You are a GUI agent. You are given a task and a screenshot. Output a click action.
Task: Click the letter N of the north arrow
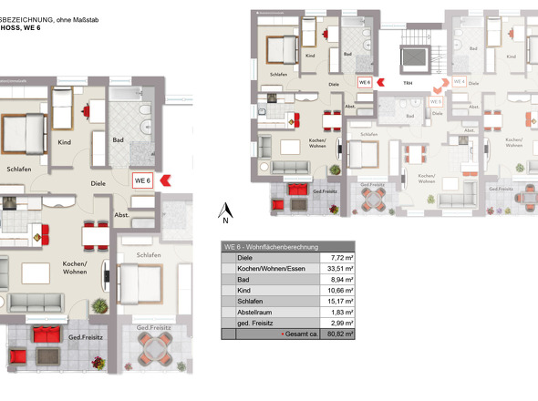pyautogui.click(x=223, y=219)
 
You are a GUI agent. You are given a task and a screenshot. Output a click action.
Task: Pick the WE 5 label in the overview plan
pyautogui.click(x=436, y=101)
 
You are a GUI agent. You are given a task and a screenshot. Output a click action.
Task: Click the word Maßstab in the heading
pyautogui.click(x=119, y=5)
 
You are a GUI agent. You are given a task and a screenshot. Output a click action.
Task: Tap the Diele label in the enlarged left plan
pyautogui.click(x=99, y=181)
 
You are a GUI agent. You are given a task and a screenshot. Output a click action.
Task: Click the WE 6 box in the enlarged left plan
pyautogui.click(x=143, y=180)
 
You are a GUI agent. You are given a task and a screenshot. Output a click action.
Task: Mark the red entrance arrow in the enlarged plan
pyautogui.click(x=166, y=180)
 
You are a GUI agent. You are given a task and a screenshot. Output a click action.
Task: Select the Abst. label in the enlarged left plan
pyautogui.click(x=121, y=215)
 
